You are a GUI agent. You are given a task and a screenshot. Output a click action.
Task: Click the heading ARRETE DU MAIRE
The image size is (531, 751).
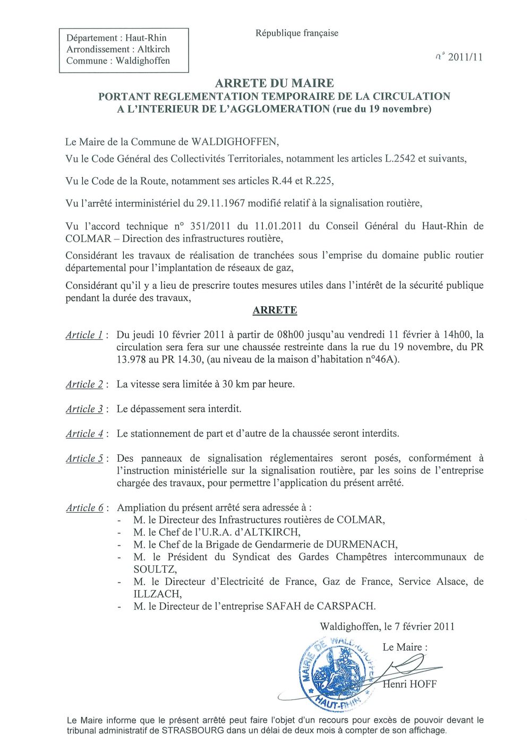click(275, 83)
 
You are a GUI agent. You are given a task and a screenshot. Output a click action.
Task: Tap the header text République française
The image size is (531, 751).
click(297, 33)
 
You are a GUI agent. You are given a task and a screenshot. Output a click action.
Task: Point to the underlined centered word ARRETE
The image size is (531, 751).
click(275, 310)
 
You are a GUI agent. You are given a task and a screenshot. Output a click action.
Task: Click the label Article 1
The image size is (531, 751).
click(84, 335)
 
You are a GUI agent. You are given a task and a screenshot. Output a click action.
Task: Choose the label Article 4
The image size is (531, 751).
click(84, 434)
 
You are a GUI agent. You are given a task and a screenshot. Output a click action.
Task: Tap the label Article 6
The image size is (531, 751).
click(84, 508)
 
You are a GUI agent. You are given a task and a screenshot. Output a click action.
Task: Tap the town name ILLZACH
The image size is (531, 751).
click(157, 594)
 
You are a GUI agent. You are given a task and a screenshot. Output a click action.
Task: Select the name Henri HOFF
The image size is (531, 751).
click(410, 684)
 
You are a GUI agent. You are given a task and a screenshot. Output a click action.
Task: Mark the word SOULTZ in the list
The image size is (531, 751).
click(155, 569)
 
